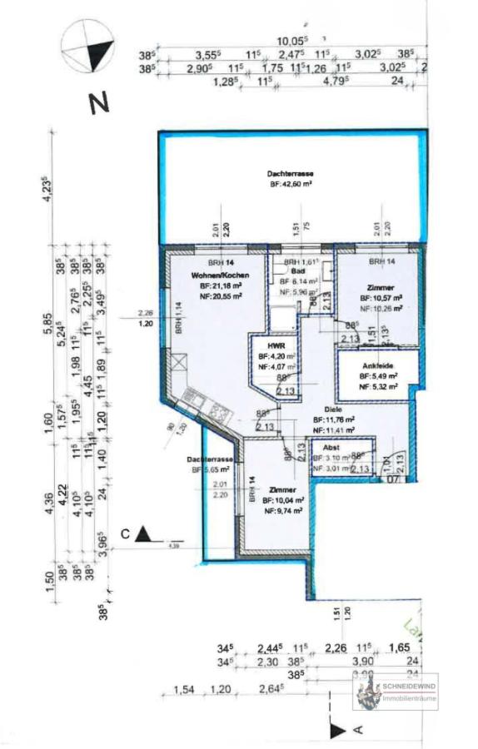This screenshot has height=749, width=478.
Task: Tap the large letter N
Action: click(x=100, y=104)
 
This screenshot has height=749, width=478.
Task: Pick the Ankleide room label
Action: click(x=377, y=366)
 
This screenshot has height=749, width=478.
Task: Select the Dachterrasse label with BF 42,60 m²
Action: click(x=291, y=173)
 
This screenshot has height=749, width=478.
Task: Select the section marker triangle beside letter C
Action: click(x=147, y=534)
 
